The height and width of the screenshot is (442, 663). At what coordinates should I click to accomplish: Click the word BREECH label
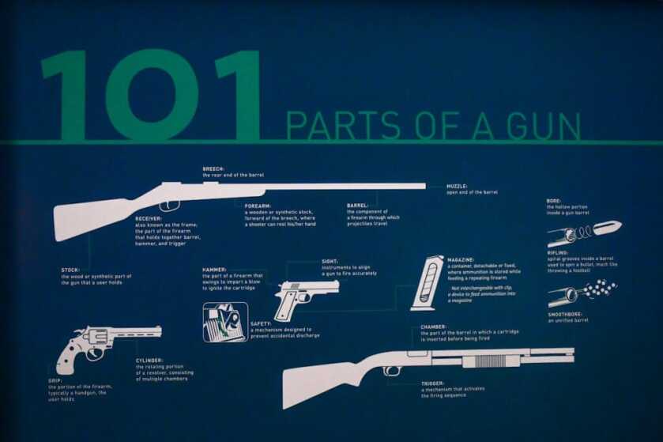(x=214, y=168)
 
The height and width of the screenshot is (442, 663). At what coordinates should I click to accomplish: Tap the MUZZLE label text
(x=458, y=187)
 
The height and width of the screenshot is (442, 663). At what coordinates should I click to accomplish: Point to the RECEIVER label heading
(x=149, y=218)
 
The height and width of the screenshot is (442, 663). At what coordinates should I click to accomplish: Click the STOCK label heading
(x=70, y=270)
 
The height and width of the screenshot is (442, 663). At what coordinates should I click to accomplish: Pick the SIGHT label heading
(x=330, y=260)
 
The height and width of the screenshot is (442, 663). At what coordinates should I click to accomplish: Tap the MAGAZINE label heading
(x=461, y=259)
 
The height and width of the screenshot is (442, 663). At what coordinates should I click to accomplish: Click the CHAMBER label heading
(x=434, y=327)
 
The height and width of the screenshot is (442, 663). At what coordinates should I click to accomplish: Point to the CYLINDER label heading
(x=149, y=361)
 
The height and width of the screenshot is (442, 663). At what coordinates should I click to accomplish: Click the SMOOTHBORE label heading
(x=566, y=314)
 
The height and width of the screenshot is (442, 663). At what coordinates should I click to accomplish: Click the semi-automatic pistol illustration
(x=303, y=297)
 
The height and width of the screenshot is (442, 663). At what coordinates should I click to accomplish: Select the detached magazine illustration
(x=428, y=282)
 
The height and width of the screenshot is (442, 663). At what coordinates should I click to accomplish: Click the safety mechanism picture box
(x=225, y=322)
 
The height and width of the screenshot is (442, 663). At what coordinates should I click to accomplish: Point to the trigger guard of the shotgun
(x=392, y=370)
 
